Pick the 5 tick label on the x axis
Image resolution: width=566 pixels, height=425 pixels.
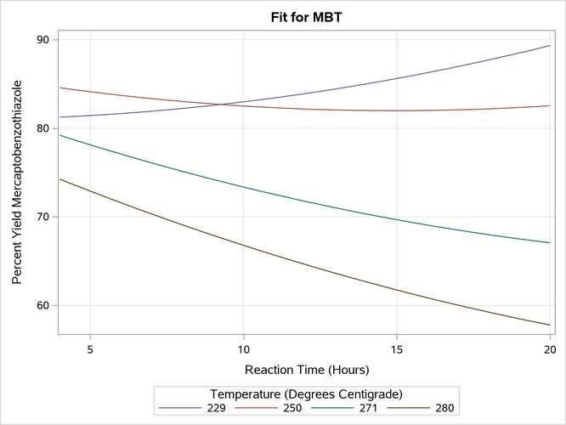(90, 349)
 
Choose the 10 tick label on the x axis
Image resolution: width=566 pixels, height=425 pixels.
(244, 349)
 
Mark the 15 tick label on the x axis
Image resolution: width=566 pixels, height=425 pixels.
(397, 349)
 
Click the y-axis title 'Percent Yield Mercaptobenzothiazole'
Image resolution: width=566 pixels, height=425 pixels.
(16, 183)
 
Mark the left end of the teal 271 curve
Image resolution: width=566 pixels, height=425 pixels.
(59, 135)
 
